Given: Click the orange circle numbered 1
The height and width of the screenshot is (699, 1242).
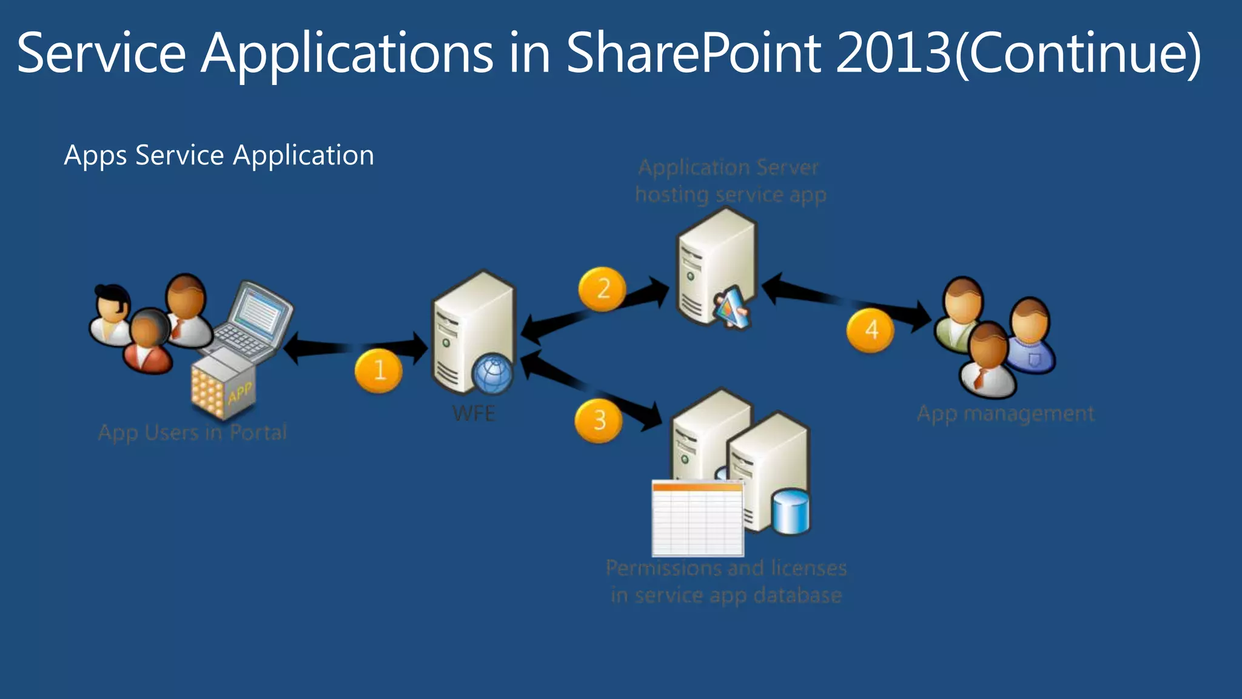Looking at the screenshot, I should [378, 370].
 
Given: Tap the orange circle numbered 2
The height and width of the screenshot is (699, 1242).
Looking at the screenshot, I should [602, 289].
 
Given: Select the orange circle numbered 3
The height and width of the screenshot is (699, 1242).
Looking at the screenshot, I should [599, 420].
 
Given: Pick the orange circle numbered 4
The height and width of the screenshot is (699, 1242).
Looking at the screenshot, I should [870, 330].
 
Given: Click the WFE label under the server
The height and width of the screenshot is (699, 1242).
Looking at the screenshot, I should [474, 414].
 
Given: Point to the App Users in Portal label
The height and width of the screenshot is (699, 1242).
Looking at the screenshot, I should [193, 433].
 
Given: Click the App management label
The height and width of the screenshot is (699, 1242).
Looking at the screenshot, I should [1005, 414].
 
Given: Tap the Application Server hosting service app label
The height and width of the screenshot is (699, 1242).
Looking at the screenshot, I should [730, 181].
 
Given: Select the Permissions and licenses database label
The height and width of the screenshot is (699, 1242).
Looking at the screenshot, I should [727, 581].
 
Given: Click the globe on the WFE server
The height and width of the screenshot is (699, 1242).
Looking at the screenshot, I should [492, 374].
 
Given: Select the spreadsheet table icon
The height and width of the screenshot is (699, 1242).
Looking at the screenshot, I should [697, 518].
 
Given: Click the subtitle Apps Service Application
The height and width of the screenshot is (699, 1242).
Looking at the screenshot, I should [219, 155].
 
